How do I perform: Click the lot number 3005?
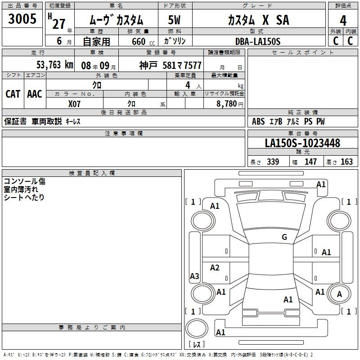point(22,19)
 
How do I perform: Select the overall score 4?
point(343,21)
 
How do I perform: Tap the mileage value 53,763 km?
point(55,65)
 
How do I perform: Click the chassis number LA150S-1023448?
point(302,143)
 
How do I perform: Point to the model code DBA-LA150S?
point(258,41)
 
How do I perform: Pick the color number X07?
point(74,104)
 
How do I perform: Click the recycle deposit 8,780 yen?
point(230,104)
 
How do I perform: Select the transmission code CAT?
point(13,94)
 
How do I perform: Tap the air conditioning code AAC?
point(35,94)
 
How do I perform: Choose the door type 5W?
point(174,20)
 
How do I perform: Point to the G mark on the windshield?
point(284,237)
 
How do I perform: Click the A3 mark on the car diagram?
point(194,276)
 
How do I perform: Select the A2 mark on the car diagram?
point(215,267)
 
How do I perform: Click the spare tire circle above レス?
point(197,328)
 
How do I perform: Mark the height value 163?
point(346,162)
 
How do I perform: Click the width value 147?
point(310,162)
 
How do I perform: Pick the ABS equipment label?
point(258,121)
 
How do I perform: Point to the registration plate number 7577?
point(193,66)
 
